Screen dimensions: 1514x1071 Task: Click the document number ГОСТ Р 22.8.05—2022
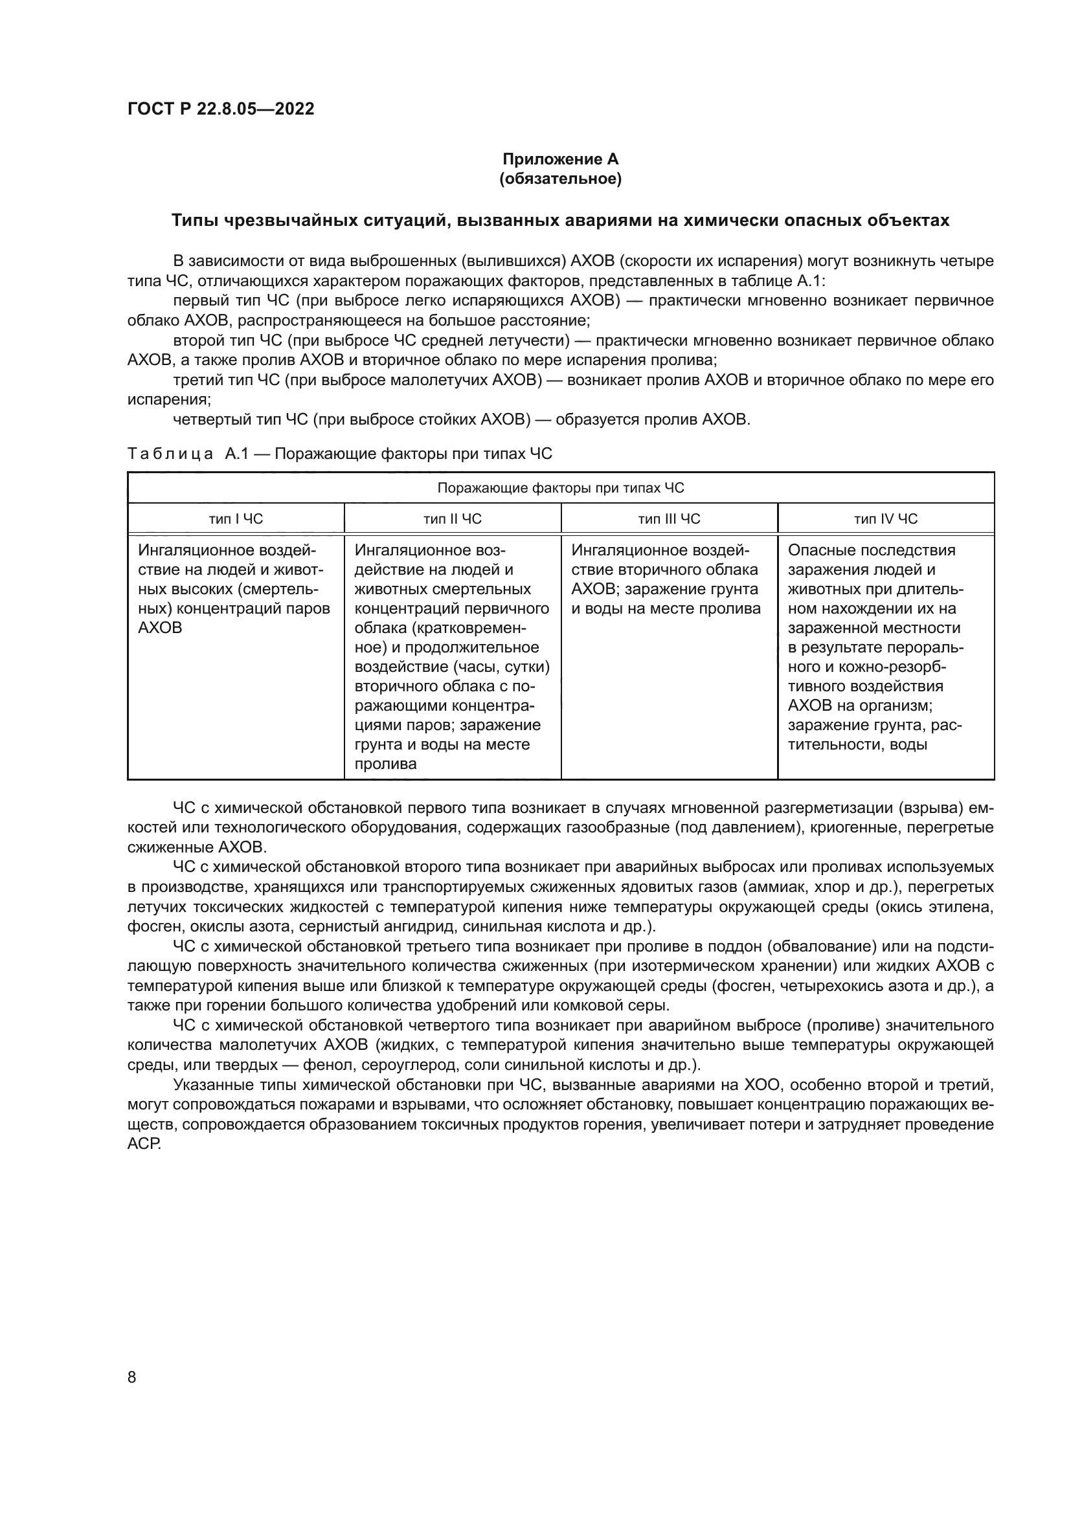click(x=220, y=109)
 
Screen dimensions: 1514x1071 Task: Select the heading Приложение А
click(x=560, y=159)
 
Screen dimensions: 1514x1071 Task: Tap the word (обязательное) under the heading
click(x=560, y=179)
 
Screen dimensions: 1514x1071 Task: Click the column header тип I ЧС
click(x=236, y=519)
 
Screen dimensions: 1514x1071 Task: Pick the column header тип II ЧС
click(x=453, y=519)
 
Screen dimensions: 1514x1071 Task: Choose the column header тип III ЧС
click(x=669, y=519)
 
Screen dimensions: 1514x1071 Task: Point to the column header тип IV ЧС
click(x=886, y=519)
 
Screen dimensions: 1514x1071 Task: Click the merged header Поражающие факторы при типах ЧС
click(x=561, y=488)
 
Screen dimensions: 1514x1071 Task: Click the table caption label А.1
click(x=236, y=454)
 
